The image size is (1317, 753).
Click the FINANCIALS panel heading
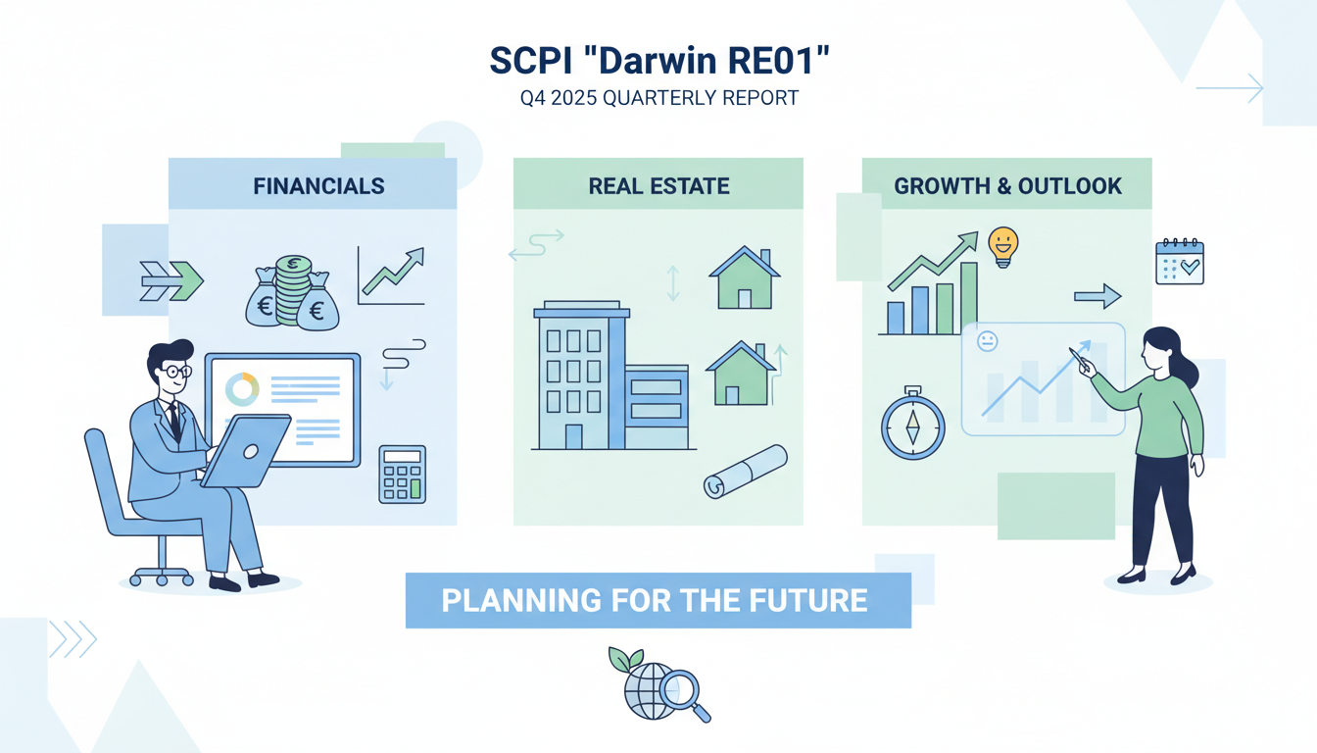[x=318, y=185]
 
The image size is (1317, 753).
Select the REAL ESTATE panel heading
[x=658, y=185]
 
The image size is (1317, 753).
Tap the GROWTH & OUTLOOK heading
[x=1007, y=185]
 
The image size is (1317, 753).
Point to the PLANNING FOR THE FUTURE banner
[x=658, y=600]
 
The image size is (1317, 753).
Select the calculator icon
[x=402, y=475]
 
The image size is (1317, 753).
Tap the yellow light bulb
[x=1002, y=245]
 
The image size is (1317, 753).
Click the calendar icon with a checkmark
[x=1179, y=261]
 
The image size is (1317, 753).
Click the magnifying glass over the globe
[x=682, y=691]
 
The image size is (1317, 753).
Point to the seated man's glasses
[x=173, y=372]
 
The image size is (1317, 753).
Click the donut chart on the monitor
[x=242, y=389]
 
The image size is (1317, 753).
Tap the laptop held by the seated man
[x=246, y=450]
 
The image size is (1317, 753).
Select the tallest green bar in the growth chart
[x=968, y=298]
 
